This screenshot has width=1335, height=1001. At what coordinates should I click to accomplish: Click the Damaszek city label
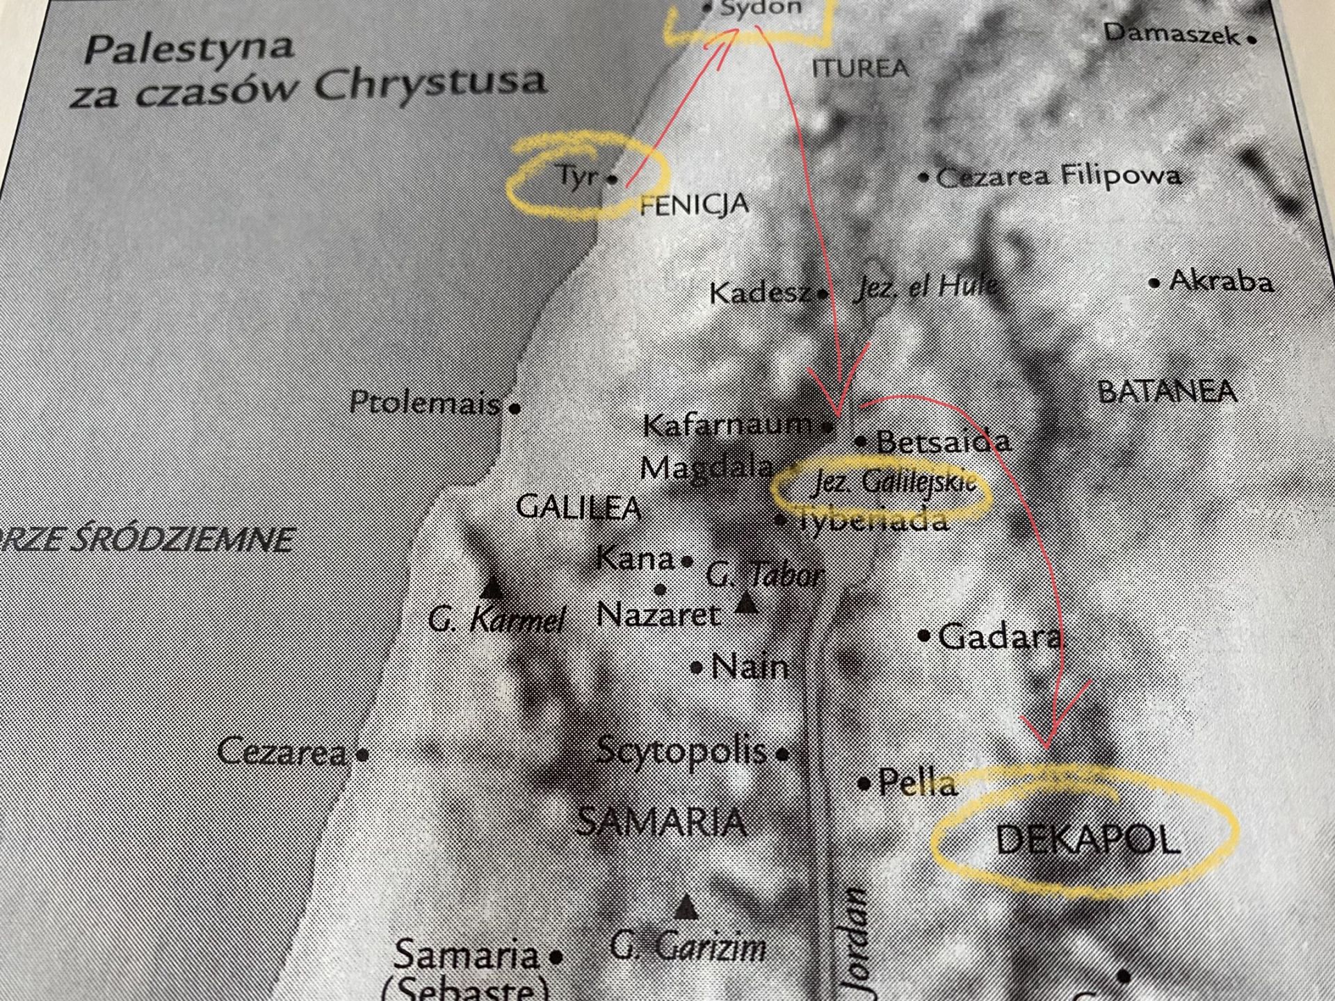tap(1171, 33)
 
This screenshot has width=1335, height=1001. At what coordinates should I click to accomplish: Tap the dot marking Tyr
tap(612, 179)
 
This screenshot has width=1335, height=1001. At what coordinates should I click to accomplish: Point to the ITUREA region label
tap(860, 68)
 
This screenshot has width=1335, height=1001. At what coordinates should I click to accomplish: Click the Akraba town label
tap(1221, 282)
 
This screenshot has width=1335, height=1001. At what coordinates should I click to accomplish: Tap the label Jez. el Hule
tap(925, 286)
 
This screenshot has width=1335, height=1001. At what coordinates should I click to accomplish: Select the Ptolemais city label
tap(425, 402)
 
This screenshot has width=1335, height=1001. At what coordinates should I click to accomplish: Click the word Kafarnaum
tap(727, 425)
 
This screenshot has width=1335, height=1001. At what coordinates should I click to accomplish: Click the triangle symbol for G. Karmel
tap(493, 588)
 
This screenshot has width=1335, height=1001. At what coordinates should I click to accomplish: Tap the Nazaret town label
tap(658, 615)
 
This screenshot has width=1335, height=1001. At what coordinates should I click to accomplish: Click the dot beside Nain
tap(697, 668)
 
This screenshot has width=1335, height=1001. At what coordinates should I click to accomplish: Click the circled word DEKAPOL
tap(1087, 840)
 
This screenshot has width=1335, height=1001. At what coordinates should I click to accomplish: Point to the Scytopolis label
tap(682, 751)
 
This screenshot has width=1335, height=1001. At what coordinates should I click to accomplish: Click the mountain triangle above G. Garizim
tap(686, 906)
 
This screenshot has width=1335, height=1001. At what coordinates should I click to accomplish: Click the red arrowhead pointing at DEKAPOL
tap(1049, 740)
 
